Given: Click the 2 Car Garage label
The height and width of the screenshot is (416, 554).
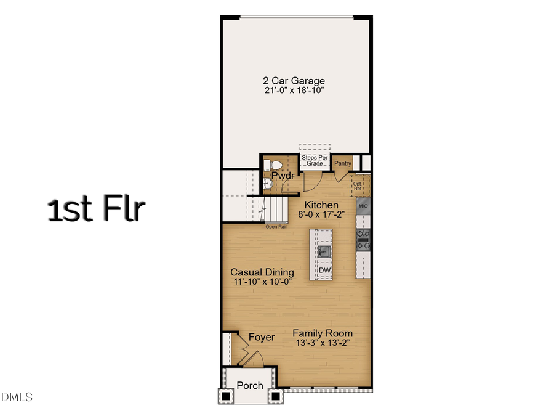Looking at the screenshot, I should (294, 81).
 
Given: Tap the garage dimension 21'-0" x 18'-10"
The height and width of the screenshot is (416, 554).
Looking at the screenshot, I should (294, 91).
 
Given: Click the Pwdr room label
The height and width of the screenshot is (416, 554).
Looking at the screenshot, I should (280, 176).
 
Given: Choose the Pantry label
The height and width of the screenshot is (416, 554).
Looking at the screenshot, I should (343, 163).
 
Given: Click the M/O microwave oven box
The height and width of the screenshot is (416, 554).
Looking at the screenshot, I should (363, 206).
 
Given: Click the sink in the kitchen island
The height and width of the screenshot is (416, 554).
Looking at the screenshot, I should (324, 251).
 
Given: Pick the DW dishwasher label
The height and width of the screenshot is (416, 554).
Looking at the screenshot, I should (324, 271).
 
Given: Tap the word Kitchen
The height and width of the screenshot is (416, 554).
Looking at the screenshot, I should (321, 205).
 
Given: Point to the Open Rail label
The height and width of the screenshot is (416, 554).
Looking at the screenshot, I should (276, 227).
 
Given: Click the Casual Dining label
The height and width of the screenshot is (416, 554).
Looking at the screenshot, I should (262, 272).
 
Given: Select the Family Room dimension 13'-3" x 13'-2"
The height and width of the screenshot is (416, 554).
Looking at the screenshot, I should (323, 343).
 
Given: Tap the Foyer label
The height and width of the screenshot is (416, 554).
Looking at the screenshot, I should (262, 337).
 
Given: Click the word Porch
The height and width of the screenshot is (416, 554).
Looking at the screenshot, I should (250, 385).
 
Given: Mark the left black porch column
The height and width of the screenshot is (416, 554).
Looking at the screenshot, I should (226, 396).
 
